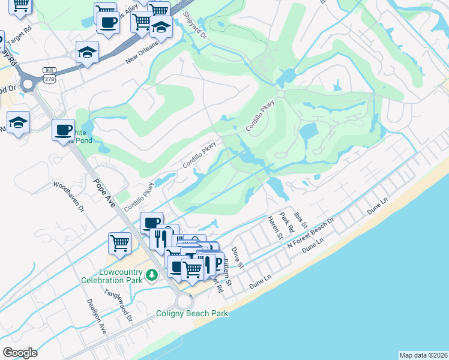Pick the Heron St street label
275,227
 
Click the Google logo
20,353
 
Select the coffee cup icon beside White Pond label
63,130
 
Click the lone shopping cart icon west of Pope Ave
119,243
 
